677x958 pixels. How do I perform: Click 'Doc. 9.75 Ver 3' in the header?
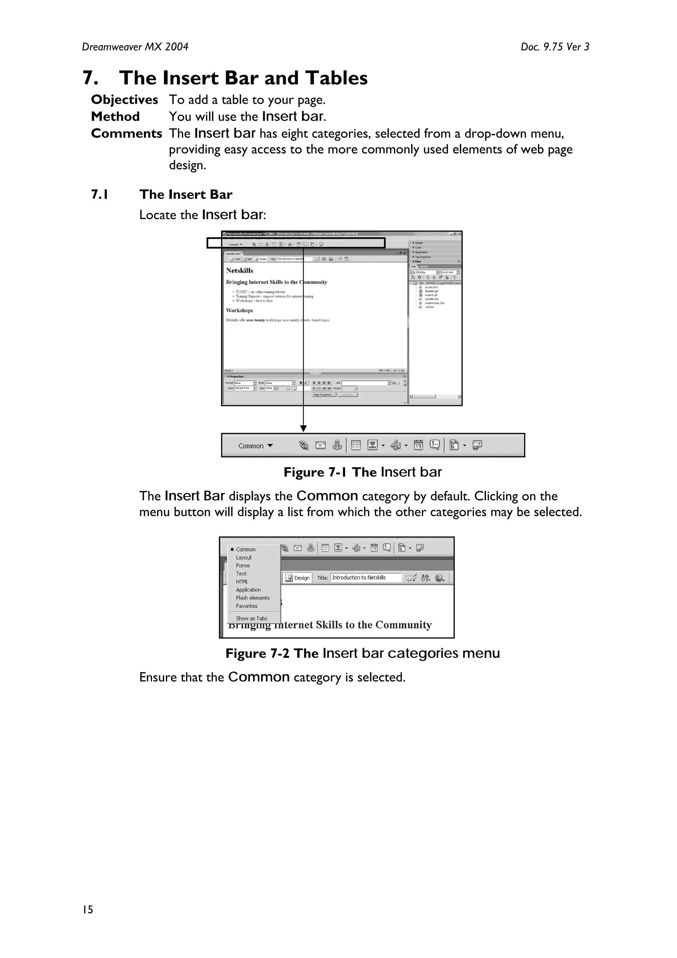(554, 47)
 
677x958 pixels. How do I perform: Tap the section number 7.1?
(100, 194)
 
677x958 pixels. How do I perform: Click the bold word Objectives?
(124, 100)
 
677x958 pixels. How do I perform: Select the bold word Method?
(115, 116)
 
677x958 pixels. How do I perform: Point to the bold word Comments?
(126, 134)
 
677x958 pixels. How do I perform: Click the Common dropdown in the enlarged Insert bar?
(255, 446)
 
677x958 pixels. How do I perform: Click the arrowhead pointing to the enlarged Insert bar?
(303, 429)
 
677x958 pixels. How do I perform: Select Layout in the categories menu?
(244, 558)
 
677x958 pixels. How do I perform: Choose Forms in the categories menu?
(243, 565)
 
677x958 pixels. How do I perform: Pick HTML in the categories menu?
(242, 582)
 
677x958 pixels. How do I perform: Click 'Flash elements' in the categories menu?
(253, 598)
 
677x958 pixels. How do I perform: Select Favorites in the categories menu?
(247, 606)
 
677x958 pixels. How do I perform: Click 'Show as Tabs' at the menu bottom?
(252, 618)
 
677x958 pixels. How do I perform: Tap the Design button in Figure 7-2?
(298, 578)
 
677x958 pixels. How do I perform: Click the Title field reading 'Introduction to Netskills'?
(365, 577)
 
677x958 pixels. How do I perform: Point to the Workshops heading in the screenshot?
(239, 311)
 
